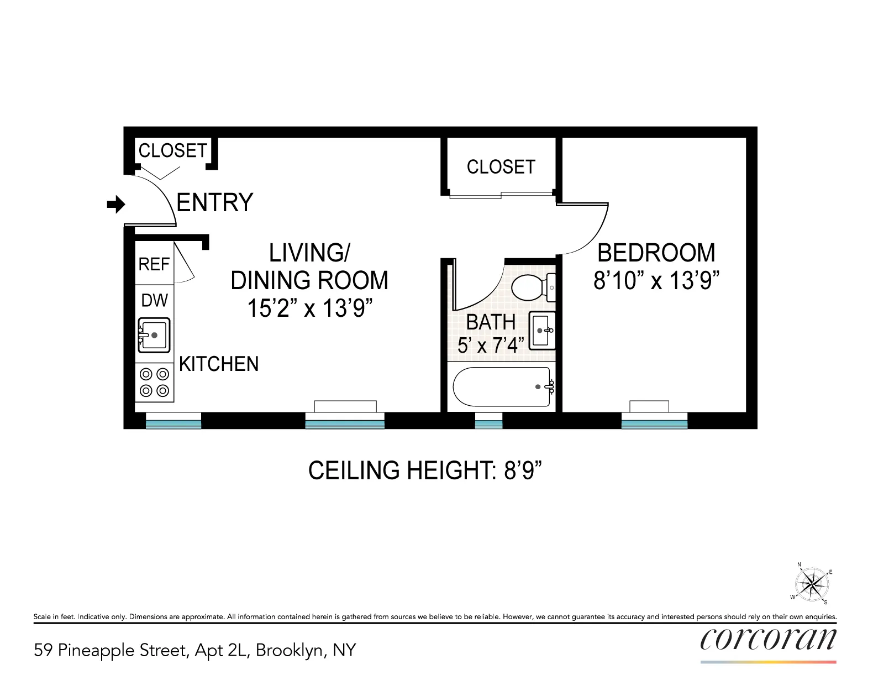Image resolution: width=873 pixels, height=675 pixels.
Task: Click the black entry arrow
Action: pos(116,205)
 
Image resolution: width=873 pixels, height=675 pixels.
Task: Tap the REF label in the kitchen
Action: pos(154,264)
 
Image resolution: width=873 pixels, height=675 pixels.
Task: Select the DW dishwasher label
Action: pos(154,300)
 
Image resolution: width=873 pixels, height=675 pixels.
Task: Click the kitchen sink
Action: pos(154,335)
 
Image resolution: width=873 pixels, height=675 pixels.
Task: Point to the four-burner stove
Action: pos(154,383)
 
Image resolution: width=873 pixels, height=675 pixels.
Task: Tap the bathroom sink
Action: pos(542,331)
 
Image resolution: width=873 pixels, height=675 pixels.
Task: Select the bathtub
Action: pos(502,387)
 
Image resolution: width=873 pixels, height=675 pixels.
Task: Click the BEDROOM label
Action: pos(656,253)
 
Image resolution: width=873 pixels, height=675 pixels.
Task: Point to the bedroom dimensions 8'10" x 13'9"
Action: pos(656,281)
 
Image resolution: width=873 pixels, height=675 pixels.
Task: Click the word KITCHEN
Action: pos(219,364)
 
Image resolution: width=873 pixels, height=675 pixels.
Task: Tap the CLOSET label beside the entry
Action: pos(172,150)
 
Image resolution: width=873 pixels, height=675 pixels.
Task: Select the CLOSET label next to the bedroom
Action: pos(501,167)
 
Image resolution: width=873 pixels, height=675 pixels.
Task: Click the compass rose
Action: pos(812,584)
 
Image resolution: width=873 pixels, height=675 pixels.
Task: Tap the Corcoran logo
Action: pos(768,640)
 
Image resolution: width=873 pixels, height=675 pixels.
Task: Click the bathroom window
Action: pos(488,423)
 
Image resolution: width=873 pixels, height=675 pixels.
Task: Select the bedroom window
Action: pos(654,423)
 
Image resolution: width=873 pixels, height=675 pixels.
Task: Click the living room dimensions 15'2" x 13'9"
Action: pos(309,308)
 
